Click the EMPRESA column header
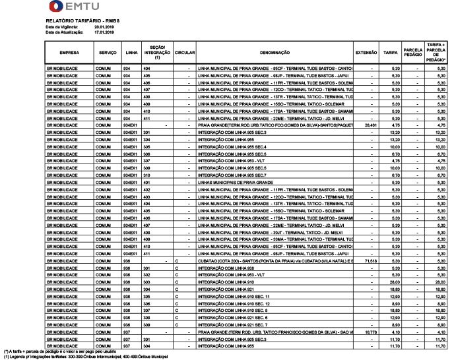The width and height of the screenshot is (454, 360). tap(69, 53)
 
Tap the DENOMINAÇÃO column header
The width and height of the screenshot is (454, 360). tap(271, 53)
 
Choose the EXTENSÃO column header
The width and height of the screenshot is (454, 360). tap(366, 53)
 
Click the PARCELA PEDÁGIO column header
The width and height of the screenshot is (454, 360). tap(413, 53)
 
